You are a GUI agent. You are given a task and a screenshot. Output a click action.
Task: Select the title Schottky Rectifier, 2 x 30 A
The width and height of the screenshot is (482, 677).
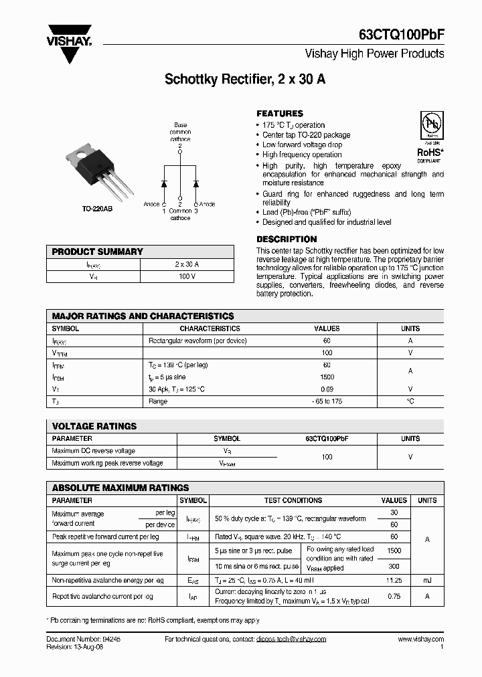point(245,80)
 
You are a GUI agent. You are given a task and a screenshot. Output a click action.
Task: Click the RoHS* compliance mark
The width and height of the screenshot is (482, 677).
point(429,153)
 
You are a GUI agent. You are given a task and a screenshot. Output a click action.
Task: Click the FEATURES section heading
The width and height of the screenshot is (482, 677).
point(280,114)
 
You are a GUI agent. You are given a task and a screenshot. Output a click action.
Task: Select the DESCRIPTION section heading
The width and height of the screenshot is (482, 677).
point(287,239)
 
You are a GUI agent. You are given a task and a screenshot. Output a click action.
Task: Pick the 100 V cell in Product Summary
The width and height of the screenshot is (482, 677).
point(187,276)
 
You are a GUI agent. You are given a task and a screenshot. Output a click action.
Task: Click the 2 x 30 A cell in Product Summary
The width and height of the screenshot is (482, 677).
point(187,264)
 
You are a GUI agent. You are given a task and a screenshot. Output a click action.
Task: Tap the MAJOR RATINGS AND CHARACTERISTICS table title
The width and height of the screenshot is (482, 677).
point(143,316)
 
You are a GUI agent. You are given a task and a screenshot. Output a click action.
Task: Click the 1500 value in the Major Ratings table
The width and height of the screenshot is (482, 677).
point(327,377)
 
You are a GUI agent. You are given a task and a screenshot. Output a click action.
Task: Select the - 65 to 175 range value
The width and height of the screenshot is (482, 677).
point(327,401)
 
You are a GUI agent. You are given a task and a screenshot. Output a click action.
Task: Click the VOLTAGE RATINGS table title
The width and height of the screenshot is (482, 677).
point(94,426)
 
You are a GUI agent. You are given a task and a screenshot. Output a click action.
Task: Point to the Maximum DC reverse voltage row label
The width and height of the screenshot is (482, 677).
point(93,451)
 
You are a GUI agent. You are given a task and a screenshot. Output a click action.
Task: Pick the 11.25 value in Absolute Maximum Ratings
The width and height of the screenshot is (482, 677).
point(394,581)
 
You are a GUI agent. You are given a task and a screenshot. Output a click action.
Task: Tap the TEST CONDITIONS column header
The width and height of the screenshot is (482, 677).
point(293,500)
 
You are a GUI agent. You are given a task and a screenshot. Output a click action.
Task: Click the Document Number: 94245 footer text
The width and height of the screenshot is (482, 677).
point(78,640)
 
